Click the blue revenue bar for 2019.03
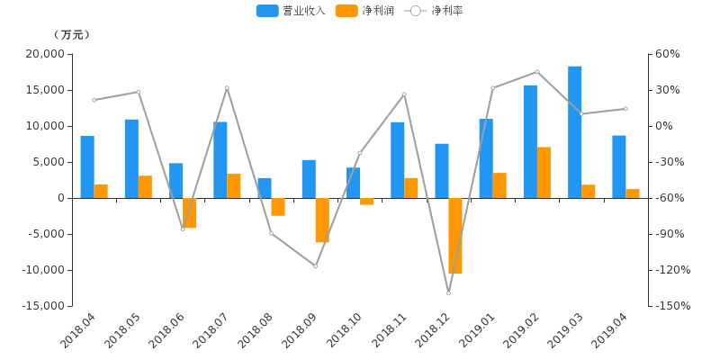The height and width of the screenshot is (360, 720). click(x=574, y=131)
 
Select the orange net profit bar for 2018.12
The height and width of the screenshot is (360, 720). click(x=455, y=236)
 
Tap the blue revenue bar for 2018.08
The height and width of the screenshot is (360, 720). click(x=265, y=188)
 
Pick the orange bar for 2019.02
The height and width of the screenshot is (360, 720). click(x=544, y=172)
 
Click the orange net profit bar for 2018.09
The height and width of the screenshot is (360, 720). click(x=322, y=220)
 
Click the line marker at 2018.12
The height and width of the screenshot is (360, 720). click(x=448, y=293)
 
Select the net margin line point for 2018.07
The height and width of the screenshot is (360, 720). click(x=227, y=87)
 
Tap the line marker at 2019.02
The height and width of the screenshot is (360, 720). click(x=537, y=72)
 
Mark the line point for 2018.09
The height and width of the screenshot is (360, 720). click(x=315, y=265)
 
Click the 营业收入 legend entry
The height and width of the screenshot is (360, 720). click(x=278, y=11)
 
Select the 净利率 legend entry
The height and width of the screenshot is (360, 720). click(x=435, y=11)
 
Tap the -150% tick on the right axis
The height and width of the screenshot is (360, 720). click(x=672, y=306)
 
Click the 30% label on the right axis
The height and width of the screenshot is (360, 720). click(x=669, y=90)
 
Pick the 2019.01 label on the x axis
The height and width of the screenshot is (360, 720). click(x=476, y=332)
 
